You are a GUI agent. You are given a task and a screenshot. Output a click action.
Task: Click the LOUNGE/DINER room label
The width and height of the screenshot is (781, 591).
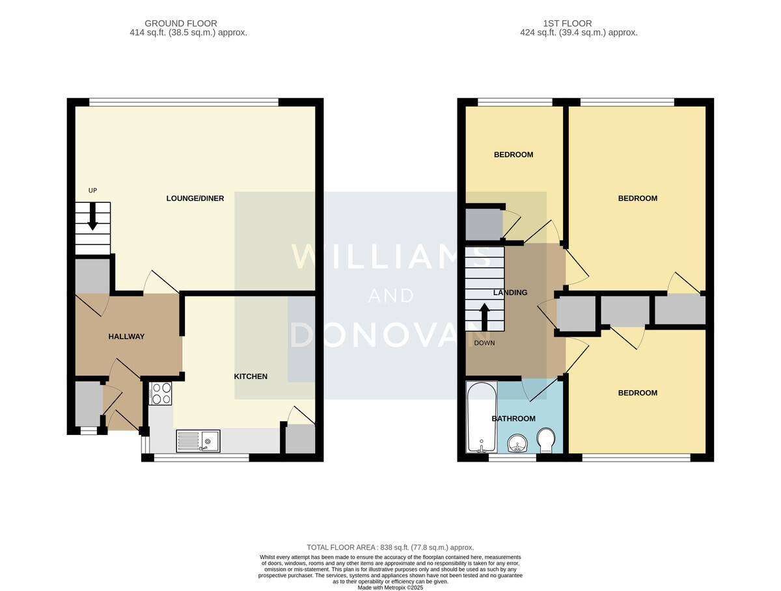coord(195,198)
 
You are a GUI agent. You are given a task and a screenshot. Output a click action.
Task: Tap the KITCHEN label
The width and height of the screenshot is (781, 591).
coord(251,376)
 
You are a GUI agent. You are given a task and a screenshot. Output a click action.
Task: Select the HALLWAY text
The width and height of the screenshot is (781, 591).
coord(126,336)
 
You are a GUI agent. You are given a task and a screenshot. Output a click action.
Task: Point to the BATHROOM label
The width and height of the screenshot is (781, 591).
coord(513,419)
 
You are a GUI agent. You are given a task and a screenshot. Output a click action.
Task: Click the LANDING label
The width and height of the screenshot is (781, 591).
coord(510,293)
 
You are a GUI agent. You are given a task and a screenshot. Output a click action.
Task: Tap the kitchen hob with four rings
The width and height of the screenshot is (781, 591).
coord(160,393)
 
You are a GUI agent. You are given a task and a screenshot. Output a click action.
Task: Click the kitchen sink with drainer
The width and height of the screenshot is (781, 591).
coord(199,441)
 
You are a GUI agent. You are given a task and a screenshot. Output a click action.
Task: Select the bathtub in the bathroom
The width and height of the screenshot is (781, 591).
coord(482,417)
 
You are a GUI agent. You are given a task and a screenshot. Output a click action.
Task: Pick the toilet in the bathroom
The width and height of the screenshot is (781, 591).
coord(546,440)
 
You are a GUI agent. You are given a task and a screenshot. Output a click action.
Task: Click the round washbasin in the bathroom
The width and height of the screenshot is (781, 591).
coord(517,443)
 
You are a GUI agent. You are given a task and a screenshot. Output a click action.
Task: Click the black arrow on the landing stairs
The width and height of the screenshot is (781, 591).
coord(484,317)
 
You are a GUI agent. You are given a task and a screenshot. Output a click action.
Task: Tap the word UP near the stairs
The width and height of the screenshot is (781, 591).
coord(92,190)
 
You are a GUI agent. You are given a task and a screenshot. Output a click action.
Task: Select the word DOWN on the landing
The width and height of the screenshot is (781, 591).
coord(484,343)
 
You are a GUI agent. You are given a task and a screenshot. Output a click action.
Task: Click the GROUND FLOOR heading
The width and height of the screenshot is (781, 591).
coord(181,23)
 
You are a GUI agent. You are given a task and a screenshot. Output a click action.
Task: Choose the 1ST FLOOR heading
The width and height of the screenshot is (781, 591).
coord(567,23)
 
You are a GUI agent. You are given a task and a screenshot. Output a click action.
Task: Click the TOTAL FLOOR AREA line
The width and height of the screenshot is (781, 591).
coord(390,547)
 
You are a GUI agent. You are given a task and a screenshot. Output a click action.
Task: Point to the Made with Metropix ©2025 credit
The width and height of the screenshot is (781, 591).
coord(390,588)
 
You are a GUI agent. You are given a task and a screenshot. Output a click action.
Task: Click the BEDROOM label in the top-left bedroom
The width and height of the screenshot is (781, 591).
coord(513,155)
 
